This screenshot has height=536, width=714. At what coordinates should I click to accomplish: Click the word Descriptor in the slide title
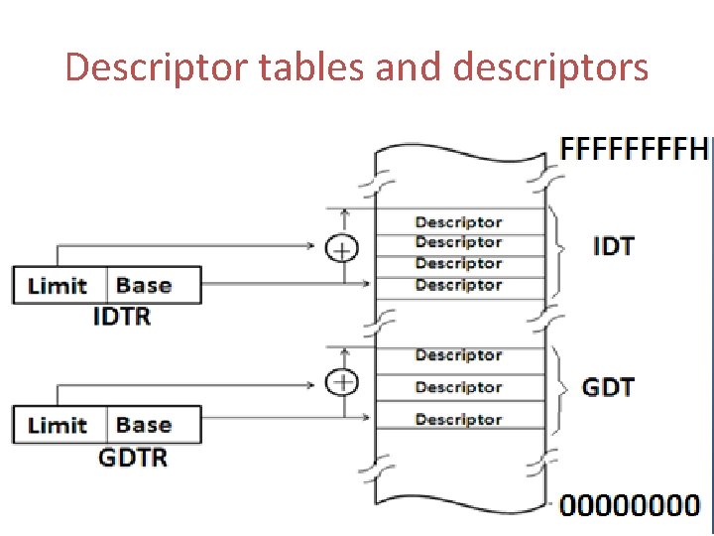coord(157,68)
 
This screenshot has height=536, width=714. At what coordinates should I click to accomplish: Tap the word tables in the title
coord(311,67)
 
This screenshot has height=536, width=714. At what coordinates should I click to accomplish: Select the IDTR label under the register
coord(122,317)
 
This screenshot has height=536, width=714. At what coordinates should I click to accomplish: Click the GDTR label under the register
coord(133,458)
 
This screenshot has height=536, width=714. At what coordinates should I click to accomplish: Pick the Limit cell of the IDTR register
coord(60,285)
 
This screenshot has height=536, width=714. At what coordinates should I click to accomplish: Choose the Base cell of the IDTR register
coord(154,285)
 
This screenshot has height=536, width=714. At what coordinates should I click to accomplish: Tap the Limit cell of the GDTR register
coord(60,425)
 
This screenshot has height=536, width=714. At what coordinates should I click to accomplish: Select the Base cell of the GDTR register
coord(154,425)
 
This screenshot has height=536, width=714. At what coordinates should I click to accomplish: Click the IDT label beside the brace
coord(614,246)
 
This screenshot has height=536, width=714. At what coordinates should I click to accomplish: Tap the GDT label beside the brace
coord(608,387)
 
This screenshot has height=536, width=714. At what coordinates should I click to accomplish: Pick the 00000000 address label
coord(630,505)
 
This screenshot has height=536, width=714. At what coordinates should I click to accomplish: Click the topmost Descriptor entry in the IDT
coord(458,222)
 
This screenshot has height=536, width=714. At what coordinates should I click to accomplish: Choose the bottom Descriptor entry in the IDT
coord(458,285)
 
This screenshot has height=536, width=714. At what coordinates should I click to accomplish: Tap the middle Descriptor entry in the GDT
coord(458,387)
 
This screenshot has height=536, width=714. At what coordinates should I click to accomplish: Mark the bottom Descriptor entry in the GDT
coord(458,419)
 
